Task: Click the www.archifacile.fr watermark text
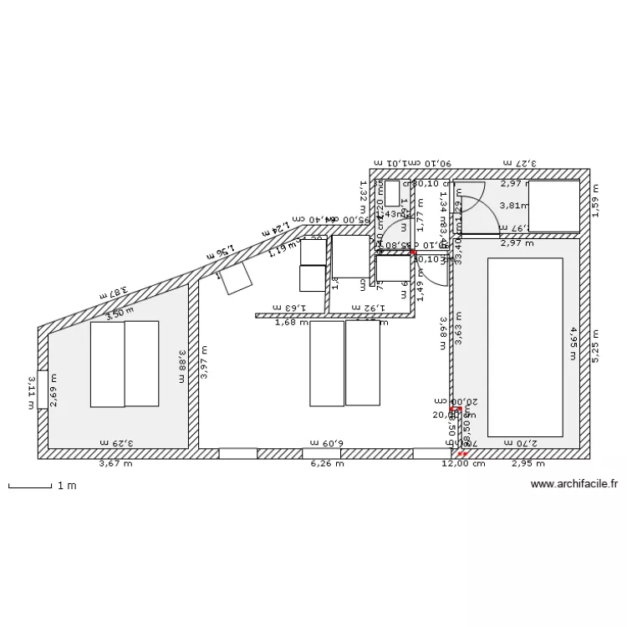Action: coord(573,483)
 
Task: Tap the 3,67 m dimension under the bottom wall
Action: coord(115,464)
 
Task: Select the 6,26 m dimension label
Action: coord(327,464)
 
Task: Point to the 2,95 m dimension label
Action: coord(528,464)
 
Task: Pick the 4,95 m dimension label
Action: coord(573,343)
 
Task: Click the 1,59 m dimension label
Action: coord(595,206)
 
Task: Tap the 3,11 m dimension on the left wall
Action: coord(32,391)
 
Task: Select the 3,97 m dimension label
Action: coord(203,364)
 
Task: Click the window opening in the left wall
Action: coord(43,389)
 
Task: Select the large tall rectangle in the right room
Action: coord(524,347)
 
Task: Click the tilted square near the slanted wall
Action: coord(236,278)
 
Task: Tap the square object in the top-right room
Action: coord(553,206)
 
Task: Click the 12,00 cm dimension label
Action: coord(465,464)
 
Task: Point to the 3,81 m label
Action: coord(514,205)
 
